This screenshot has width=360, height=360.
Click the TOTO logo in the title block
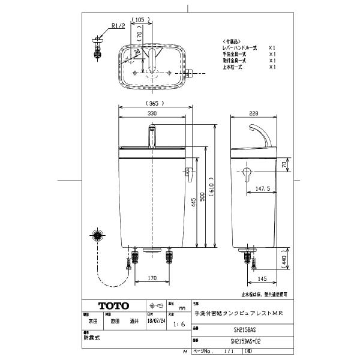coord(109,305)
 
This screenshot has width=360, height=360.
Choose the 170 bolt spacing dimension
coord(152,278)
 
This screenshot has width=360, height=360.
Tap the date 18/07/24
coord(155,320)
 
